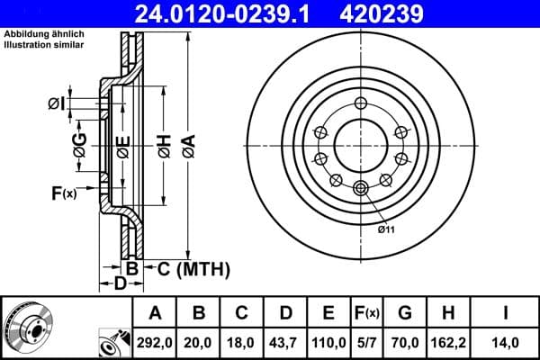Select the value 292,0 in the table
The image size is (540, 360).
[x=155, y=341]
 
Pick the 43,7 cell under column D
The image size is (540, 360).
[x=284, y=341]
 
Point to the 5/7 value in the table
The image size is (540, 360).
[x=367, y=341]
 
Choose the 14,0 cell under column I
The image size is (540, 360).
[x=505, y=341]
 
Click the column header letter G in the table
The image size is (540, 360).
[x=406, y=312]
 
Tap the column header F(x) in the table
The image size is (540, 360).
[x=367, y=312]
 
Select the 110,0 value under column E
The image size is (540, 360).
[x=328, y=341]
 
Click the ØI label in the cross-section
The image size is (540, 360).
[x=56, y=104]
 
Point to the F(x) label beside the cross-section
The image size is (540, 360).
[x=64, y=192]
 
